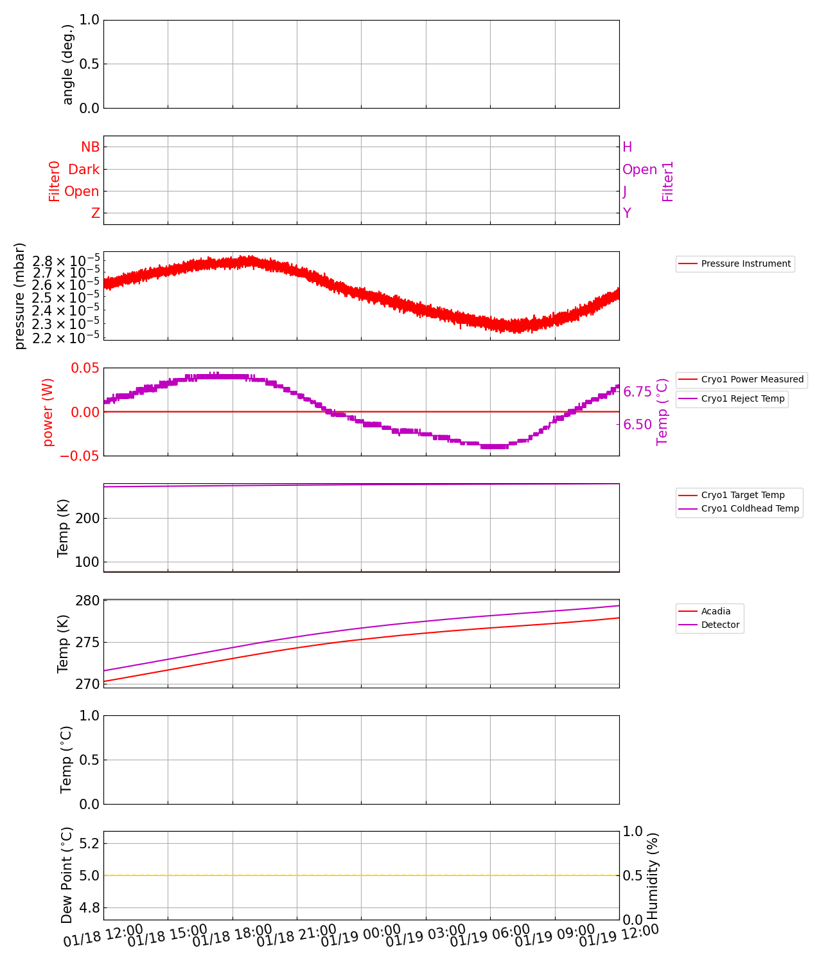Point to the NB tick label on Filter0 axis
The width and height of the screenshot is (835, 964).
[90, 147]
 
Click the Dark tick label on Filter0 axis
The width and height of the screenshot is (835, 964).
[84, 169]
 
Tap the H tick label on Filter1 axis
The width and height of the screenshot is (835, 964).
[628, 147]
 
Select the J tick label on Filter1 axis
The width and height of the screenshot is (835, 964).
[625, 192]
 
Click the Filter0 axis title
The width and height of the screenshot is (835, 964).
[55, 181]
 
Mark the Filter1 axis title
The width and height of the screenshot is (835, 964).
[668, 181]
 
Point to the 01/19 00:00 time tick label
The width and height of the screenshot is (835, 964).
[361, 936]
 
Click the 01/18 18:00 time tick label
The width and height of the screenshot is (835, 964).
[233, 936]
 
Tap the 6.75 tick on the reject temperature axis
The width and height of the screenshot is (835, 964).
[637, 392]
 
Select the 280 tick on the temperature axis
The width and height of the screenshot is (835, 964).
[87, 601]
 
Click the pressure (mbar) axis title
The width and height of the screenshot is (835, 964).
[20, 296]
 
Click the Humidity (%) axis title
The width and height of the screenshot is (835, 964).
[653, 875]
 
